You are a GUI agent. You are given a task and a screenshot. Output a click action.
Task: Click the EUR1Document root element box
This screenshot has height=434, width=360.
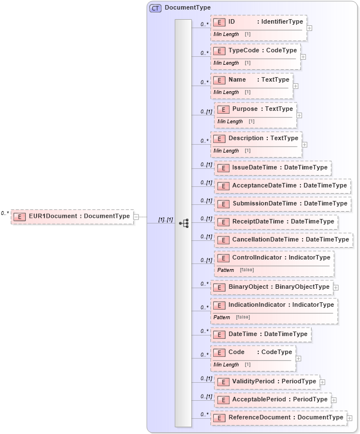(x=72, y=216)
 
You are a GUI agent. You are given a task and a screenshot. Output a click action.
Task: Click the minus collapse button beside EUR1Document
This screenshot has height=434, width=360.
(x=136, y=216)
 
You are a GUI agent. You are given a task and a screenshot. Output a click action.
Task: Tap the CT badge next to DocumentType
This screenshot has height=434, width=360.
(x=155, y=8)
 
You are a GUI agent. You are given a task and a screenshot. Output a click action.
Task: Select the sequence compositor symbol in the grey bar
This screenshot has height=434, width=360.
(x=183, y=223)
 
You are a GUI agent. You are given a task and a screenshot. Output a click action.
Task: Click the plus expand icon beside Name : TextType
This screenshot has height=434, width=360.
(x=296, y=86)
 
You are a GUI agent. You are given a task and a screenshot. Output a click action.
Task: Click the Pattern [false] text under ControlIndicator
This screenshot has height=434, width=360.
(x=236, y=270)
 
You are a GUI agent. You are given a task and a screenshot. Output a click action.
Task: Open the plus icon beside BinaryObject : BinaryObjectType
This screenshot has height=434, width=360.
(x=336, y=287)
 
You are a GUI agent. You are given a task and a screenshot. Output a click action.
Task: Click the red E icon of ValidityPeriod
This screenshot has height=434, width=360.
(x=223, y=382)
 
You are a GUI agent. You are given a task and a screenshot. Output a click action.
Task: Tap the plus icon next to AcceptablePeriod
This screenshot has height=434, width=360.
(x=334, y=400)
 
